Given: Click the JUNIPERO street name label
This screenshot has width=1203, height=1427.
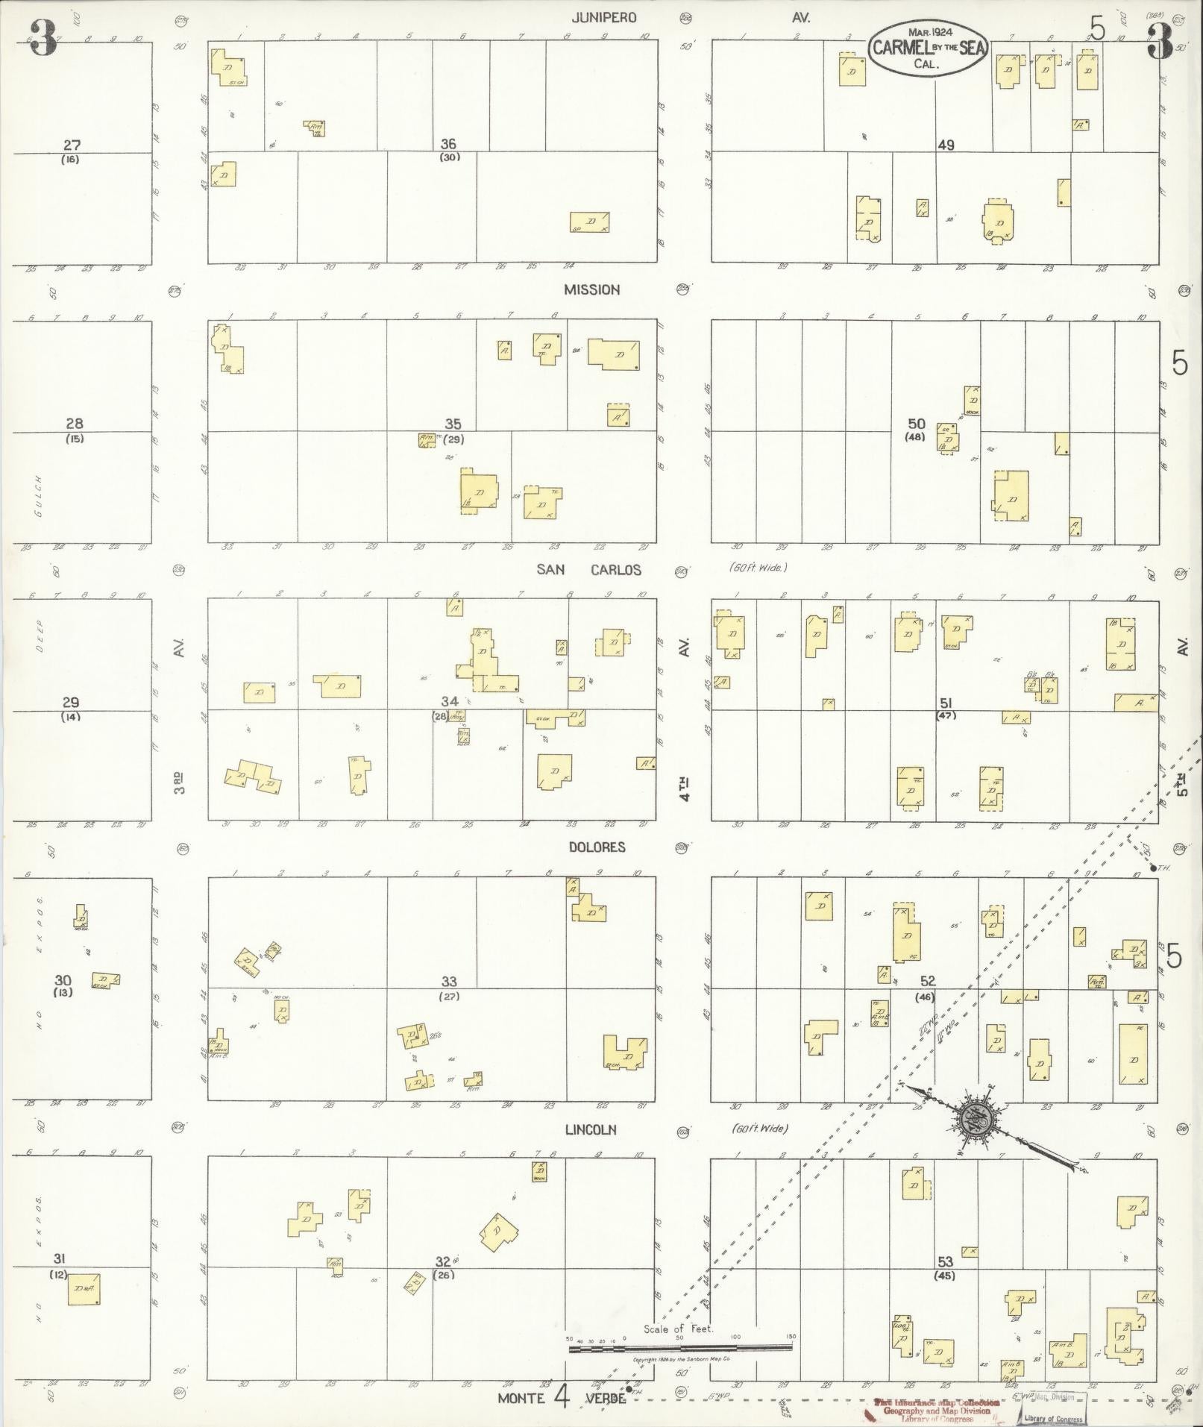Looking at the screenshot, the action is click(x=604, y=17).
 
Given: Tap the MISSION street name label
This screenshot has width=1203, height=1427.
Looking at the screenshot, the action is click(x=591, y=289).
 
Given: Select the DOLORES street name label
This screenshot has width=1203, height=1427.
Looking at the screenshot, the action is click(x=597, y=847).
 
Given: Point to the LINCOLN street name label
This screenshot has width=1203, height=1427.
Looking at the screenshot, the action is click(x=591, y=1129).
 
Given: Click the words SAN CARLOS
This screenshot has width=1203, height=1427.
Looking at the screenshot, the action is click(x=588, y=570).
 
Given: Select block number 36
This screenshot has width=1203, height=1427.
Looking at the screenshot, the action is click(x=448, y=144).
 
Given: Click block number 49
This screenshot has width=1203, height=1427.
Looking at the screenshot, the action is click(x=946, y=145).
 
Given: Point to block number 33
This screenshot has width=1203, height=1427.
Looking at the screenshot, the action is click(x=448, y=982).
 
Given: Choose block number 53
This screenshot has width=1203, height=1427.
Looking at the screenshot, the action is click(x=945, y=1261).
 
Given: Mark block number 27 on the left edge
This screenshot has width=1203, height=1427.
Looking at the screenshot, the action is click(x=72, y=145).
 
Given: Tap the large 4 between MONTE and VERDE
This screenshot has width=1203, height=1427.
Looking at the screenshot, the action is click(x=561, y=1396).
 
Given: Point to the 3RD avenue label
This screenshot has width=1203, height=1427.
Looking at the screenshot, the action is click(x=180, y=783).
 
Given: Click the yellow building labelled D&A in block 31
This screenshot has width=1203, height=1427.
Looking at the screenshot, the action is click(x=84, y=1288).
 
